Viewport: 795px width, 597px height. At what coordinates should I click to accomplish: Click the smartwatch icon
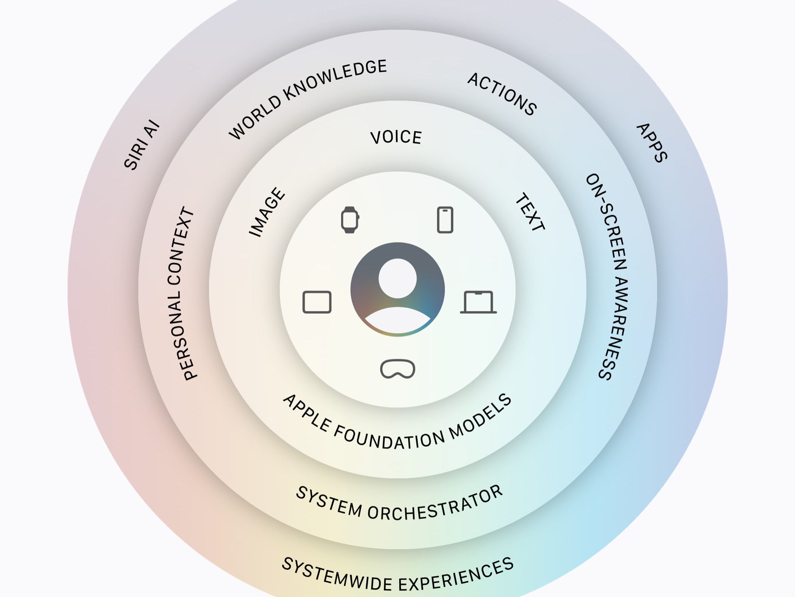tap(350, 220)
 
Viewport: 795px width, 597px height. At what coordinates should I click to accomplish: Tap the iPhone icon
tap(445, 220)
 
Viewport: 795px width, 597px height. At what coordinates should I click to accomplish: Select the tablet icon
tap(317, 302)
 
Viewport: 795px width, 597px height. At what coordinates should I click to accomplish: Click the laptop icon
tap(478, 302)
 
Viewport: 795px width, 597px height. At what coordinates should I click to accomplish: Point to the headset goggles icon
tap(397, 369)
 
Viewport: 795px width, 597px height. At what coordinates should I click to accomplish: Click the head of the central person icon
tap(397, 278)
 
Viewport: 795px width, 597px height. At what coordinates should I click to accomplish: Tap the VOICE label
tap(396, 137)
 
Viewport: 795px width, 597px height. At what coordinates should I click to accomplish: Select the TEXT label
tap(530, 212)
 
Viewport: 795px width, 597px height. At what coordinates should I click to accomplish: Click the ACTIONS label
tap(502, 94)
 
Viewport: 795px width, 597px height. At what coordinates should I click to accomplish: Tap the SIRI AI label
tap(142, 145)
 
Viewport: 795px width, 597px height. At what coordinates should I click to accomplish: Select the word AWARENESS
tap(615, 328)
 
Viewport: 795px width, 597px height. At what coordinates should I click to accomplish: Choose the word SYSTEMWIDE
tap(337, 574)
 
